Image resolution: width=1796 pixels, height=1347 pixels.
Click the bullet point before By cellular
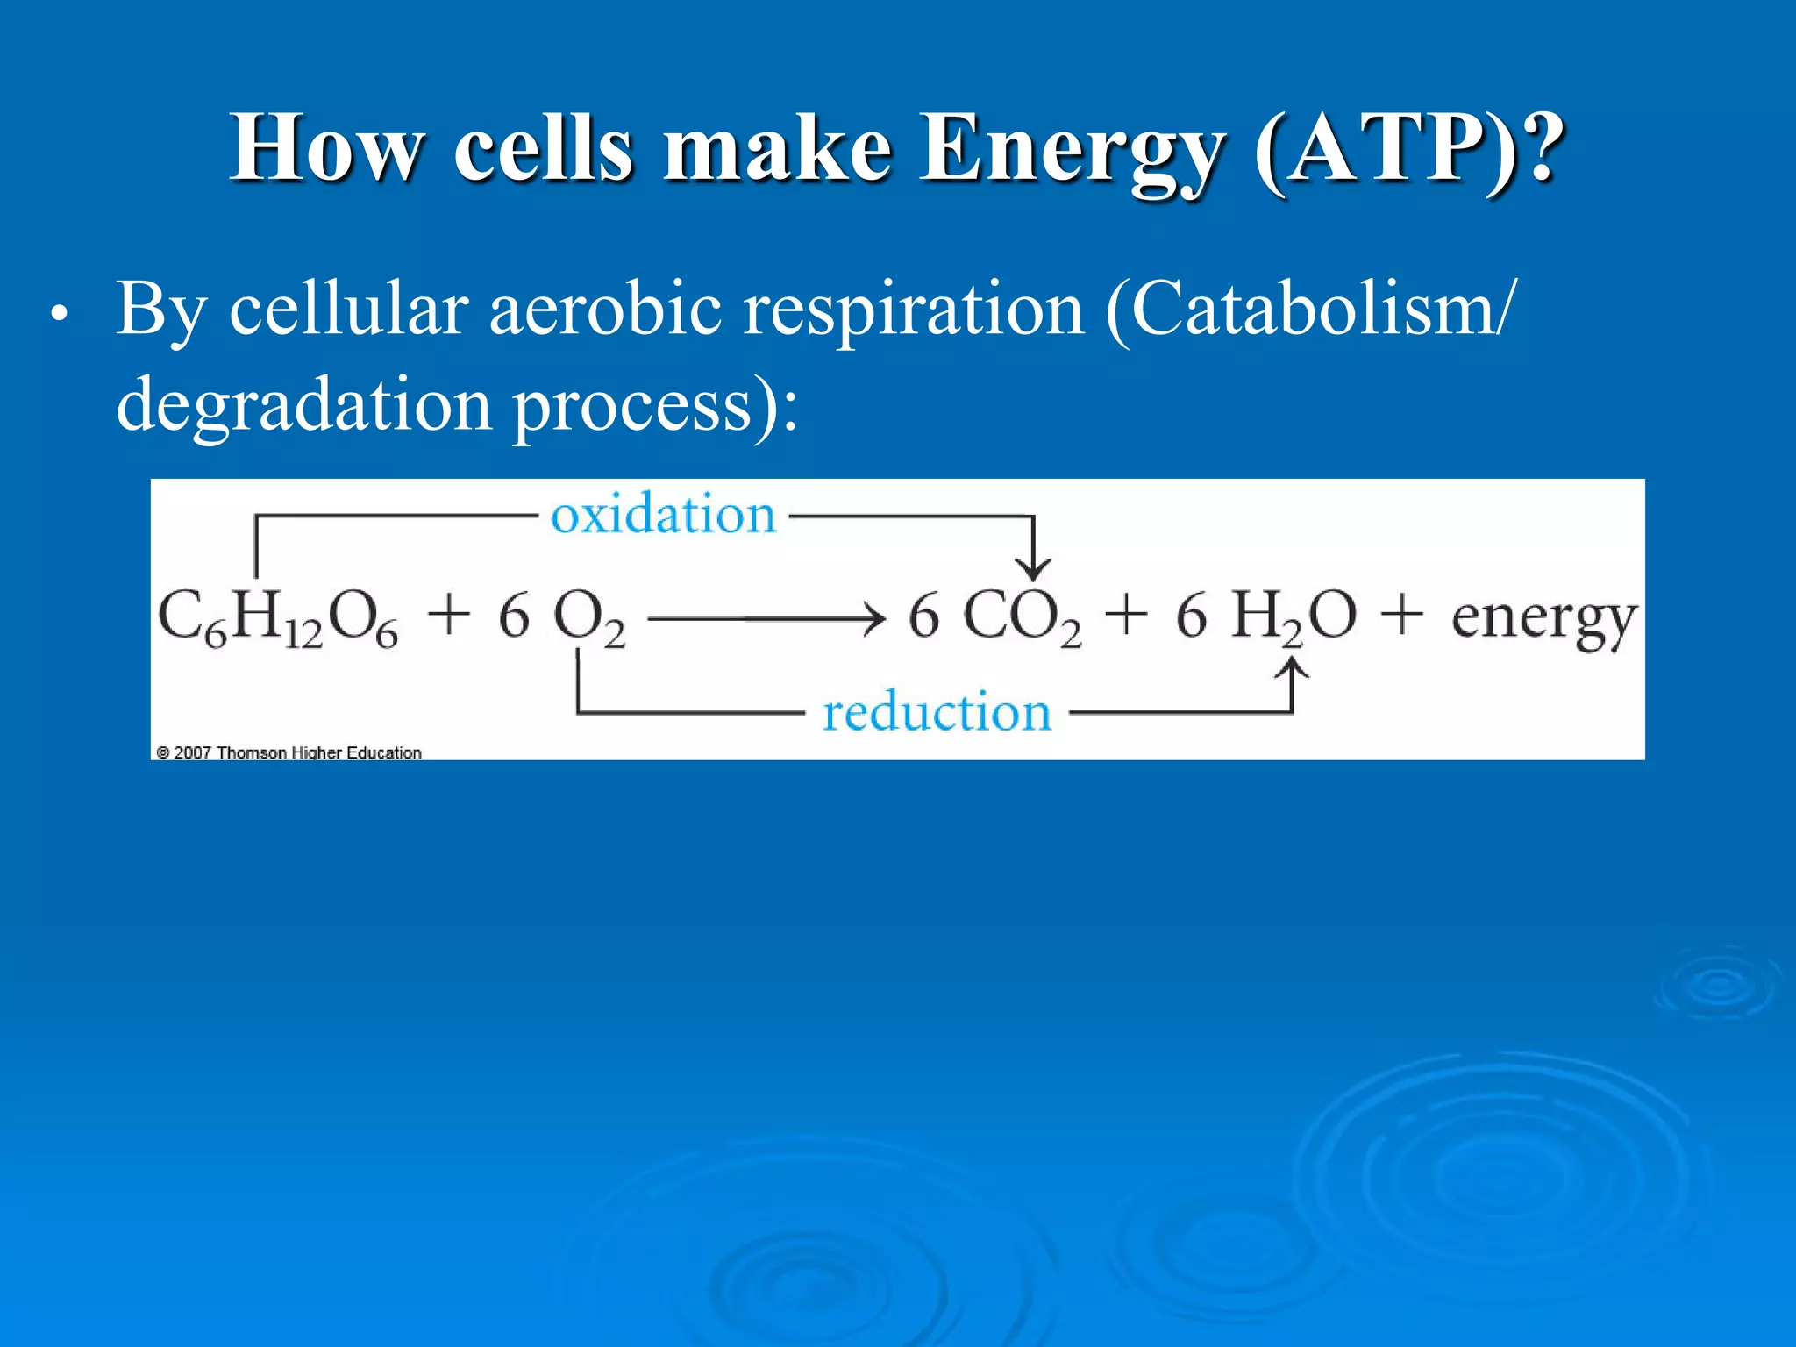coord(59,314)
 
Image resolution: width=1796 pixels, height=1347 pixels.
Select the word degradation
coord(303,405)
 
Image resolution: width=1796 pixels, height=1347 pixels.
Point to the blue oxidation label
coord(663,515)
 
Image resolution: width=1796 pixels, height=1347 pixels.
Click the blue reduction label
coord(937,711)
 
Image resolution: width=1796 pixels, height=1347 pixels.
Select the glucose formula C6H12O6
coord(278,617)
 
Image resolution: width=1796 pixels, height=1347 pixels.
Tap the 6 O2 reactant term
coord(562,617)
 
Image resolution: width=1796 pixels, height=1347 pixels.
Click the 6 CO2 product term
coord(994,617)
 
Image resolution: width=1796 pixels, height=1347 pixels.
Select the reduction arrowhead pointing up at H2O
coord(1292,671)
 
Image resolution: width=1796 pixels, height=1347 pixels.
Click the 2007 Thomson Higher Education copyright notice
coord(289,752)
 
